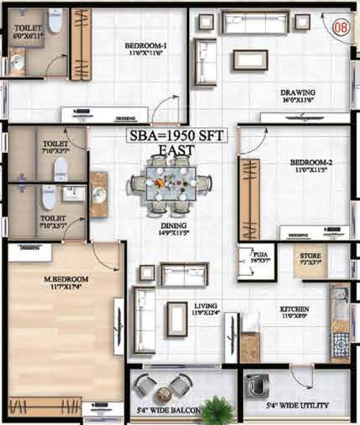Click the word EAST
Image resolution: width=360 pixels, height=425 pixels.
pyautogui.click(x=176, y=150)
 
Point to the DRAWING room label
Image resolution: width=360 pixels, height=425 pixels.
pyautogui.click(x=298, y=92)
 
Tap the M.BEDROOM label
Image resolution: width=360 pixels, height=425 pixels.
pyautogui.click(x=66, y=279)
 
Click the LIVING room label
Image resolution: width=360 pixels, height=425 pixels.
pyautogui.click(x=205, y=306)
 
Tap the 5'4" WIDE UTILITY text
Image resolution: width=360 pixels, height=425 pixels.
pyautogui.click(x=297, y=406)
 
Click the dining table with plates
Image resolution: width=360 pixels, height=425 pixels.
pyautogui.click(x=171, y=183)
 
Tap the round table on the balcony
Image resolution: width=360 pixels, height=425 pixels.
pyautogui.click(x=164, y=395)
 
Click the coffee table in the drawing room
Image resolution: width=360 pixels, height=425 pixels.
pyautogui.click(x=250, y=60)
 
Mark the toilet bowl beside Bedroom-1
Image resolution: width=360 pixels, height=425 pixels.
pyautogui.click(x=55, y=20)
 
